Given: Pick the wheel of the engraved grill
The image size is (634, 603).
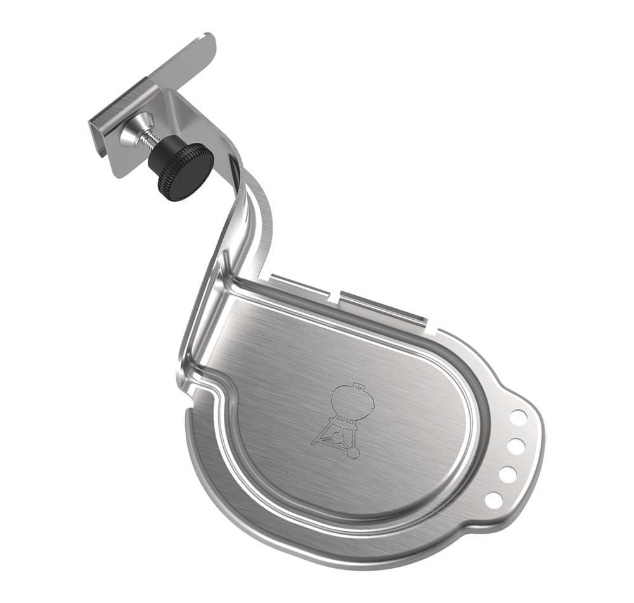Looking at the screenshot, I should pos(354,453).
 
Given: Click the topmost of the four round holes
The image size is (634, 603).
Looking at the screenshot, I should pos(518,417).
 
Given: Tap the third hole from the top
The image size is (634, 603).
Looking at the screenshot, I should pos(507,474).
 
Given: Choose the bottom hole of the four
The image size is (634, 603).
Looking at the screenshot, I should pos(493,500).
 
